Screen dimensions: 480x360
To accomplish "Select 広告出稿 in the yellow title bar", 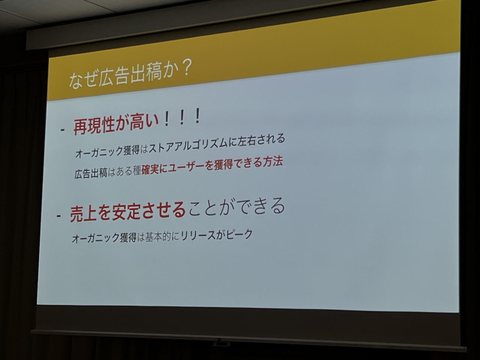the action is click(129, 75).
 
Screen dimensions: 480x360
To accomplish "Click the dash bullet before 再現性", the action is click(63, 130).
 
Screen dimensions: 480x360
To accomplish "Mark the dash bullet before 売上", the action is click(58, 216).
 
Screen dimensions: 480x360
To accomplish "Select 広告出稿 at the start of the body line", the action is click(91, 174).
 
